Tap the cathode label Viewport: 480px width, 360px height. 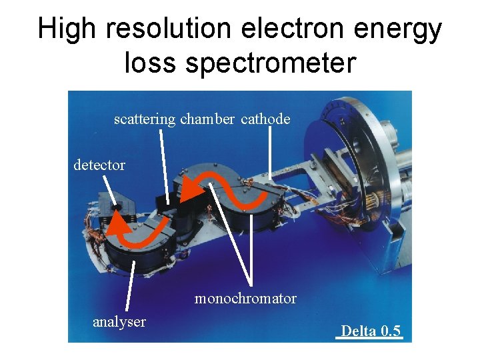coord(265,119)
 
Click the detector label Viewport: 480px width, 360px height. coord(99,165)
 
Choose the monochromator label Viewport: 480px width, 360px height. coord(245,299)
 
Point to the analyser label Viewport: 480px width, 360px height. coord(119,322)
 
